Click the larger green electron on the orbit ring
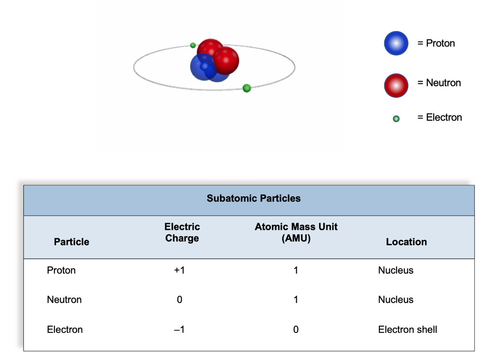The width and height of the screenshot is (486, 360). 247,88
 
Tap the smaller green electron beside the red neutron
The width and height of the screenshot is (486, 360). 193,45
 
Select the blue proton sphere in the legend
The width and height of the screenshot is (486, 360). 396,43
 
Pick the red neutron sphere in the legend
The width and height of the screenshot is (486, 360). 396,86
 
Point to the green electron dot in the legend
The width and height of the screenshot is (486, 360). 396,118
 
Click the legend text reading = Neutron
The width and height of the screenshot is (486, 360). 439,83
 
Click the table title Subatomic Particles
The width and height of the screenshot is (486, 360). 253,198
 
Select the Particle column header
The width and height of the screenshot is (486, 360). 72,242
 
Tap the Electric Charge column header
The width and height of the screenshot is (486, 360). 182,232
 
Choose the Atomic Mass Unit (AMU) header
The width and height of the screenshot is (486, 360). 296,232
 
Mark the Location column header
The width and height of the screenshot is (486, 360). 407,242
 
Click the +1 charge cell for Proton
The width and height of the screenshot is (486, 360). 179,270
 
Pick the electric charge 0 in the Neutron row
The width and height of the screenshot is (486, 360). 179,299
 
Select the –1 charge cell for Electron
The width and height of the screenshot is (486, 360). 179,329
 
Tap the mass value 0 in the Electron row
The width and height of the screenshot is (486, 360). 296,329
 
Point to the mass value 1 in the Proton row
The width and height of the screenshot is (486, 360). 296,270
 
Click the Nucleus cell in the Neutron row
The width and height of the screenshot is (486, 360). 396,299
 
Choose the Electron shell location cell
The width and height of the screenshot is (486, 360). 408,329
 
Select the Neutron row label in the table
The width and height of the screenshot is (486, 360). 64,299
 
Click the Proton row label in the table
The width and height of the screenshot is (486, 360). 61,270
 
